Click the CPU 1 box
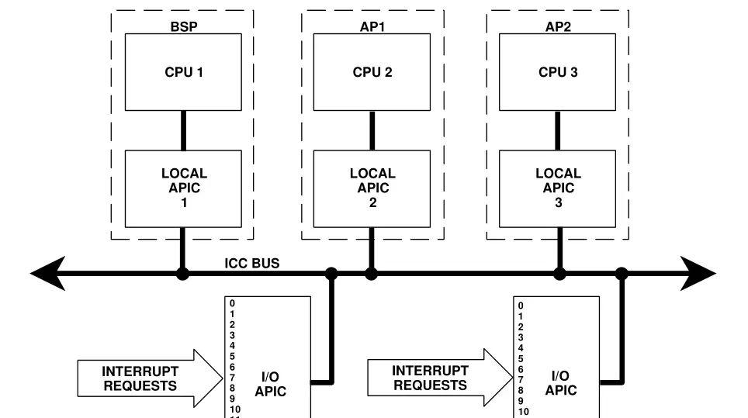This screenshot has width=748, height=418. click(x=183, y=72)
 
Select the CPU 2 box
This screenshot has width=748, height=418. click(x=372, y=72)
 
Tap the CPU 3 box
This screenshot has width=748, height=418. click(x=558, y=72)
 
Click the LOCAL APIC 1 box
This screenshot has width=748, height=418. click(x=183, y=188)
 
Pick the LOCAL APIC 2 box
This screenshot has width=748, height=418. click(x=372, y=188)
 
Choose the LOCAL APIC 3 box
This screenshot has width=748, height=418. click(x=558, y=188)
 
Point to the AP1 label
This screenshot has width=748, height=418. click(x=372, y=26)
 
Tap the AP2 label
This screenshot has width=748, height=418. click(x=559, y=26)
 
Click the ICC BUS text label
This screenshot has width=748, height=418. click(x=252, y=264)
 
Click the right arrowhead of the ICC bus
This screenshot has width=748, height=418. click(x=701, y=273)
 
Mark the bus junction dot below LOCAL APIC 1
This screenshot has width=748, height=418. click(x=183, y=273)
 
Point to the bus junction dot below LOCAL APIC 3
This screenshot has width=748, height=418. click(x=559, y=273)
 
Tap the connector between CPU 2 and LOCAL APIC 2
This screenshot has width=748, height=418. click(x=372, y=130)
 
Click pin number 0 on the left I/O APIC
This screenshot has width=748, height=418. click(x=232, y=303)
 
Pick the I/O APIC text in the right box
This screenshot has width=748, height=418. click(x=560, y=383)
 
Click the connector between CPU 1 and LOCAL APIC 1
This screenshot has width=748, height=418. click(x=183, y=130)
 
